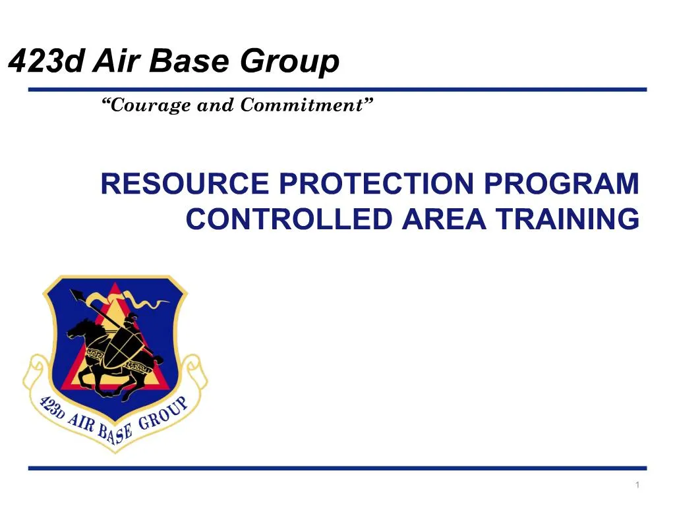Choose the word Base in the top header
tap(192, 63)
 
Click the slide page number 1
tap(638, 486)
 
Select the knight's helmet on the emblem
tap(131, 318)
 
